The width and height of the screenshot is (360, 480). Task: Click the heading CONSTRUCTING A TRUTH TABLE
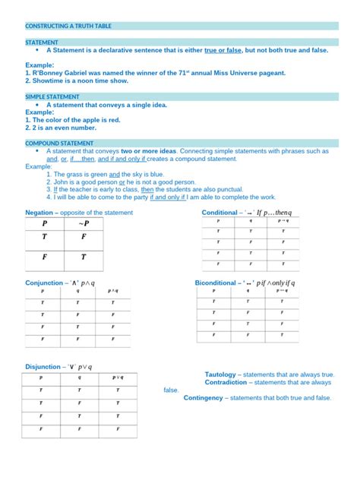[68, 26]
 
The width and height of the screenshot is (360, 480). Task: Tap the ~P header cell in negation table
[84, 223]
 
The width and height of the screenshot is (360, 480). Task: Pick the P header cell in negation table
[44, 223]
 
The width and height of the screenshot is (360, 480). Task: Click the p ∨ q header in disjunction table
[118, 377]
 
